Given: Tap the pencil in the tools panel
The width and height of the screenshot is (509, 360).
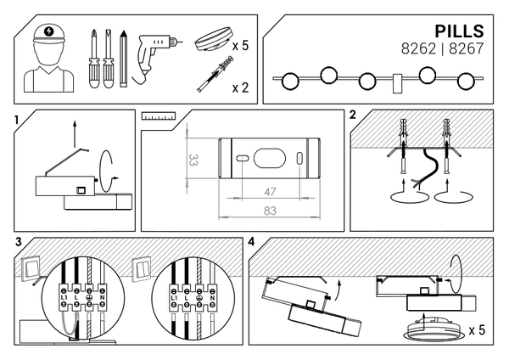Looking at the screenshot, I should (122, 59).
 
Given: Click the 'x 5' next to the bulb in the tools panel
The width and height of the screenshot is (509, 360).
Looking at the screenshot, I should (239, 45).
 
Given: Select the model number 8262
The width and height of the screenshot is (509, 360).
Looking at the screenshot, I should (417, 49).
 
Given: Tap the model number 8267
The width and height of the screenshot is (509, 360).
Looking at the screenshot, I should (464, 49).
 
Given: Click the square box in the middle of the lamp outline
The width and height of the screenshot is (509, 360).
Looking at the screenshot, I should (397, 82).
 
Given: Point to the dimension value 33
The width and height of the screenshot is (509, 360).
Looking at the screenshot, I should (193, 159).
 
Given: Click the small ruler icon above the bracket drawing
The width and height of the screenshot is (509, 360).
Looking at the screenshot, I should (158, 114).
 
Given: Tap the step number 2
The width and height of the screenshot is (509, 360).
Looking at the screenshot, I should (352, 115).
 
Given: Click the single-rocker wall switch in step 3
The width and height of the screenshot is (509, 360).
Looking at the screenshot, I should (32, 267).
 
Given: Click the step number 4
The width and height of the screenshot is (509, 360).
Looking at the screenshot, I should (251, 242).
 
